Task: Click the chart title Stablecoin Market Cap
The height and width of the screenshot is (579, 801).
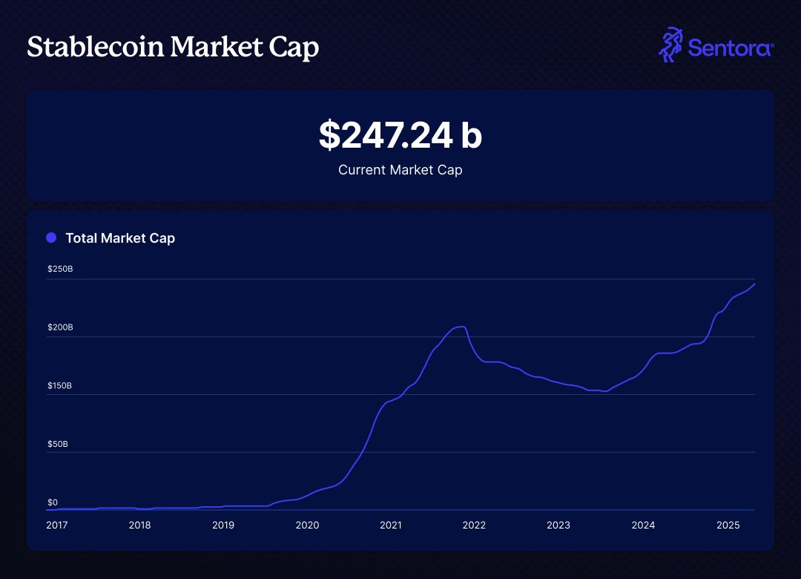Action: [x=173, y=47]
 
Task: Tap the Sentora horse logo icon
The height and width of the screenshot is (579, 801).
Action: [x=670, y=45]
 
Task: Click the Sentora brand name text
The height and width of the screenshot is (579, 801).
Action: [x=731, y=48]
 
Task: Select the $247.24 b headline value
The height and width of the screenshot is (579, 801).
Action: [x=400, y=135]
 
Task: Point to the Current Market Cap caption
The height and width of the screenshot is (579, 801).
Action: [x=400, y=170]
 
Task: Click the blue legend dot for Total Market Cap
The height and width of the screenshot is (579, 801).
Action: [x=51, y=238]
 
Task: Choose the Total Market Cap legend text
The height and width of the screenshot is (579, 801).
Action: [x=120, y=238]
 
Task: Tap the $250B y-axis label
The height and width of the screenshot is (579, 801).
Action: [x=60, y=269]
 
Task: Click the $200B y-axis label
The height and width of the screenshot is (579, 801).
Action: [x=60, y=327]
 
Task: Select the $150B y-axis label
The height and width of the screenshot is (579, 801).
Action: [x=60, y=386]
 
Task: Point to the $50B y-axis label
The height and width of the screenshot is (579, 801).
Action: [x=58, y=444]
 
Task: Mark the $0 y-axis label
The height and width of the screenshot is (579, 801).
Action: [x=52, y=503]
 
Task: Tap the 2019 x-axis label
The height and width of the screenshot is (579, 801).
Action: [x=223, y=526]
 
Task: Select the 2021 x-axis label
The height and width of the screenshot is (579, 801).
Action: [x=391, y=526]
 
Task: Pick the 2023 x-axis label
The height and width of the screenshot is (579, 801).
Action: [x=558, y=526]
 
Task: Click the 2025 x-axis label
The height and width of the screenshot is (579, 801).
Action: [x=728, y=526]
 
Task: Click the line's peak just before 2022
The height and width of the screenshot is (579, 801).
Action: [x=461, y=327]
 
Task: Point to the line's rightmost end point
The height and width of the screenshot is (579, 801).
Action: [x=754, y=284]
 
